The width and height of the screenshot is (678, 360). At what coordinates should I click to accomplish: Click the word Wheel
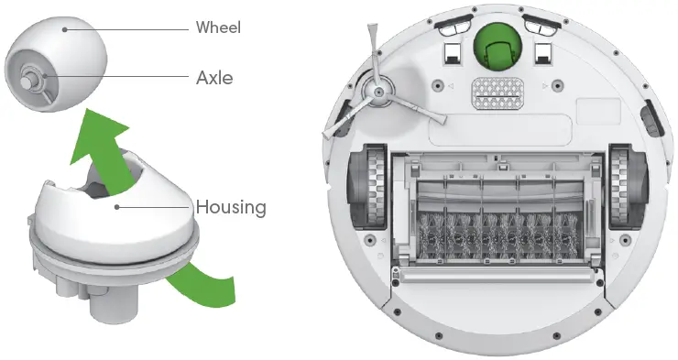tap(218, 27)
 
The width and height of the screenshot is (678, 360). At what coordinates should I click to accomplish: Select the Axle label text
tap(214, 77)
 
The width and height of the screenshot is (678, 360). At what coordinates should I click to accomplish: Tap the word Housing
tap(231, 207)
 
